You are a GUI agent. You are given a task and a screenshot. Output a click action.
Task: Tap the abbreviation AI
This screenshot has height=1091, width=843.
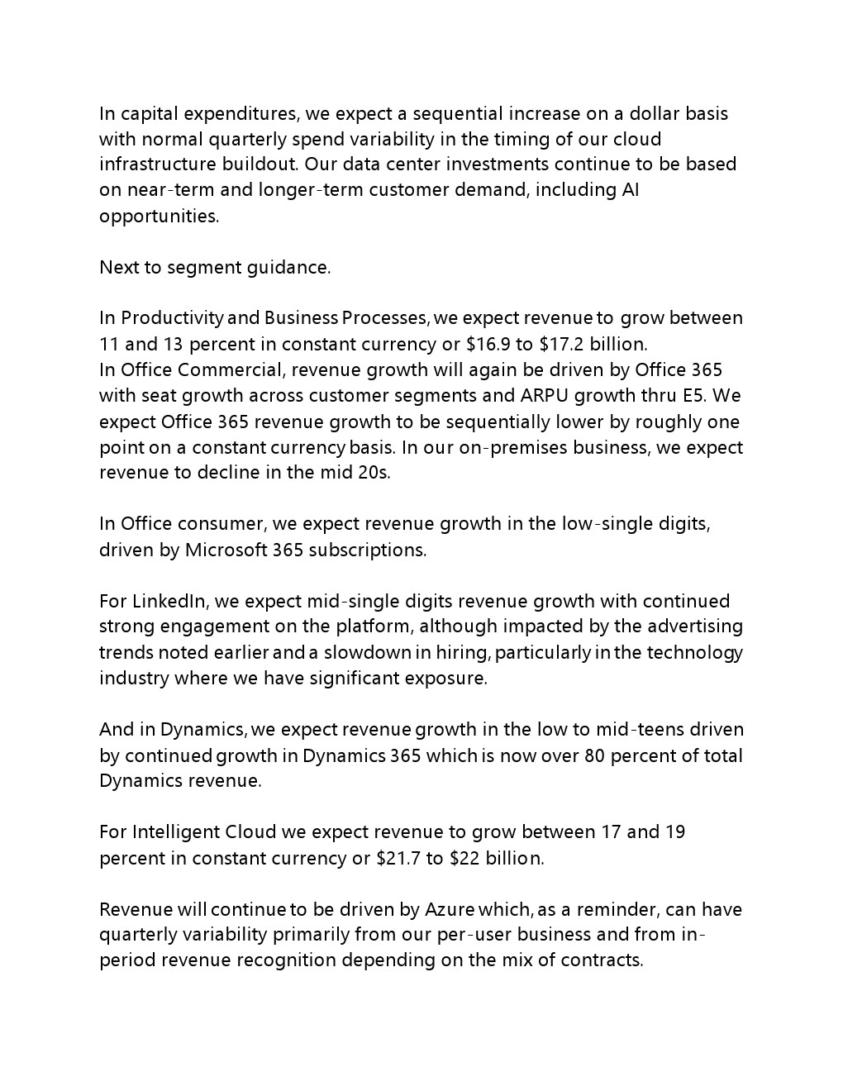(631, 190)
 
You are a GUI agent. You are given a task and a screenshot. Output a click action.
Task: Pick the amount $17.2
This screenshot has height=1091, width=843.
(568, 344)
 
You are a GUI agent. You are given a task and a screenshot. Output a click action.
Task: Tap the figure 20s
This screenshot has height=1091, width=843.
(374, 473)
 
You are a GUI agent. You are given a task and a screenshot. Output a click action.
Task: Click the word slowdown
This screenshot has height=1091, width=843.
(366, 653)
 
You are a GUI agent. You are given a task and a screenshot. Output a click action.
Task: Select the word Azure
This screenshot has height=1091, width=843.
(449, 910)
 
